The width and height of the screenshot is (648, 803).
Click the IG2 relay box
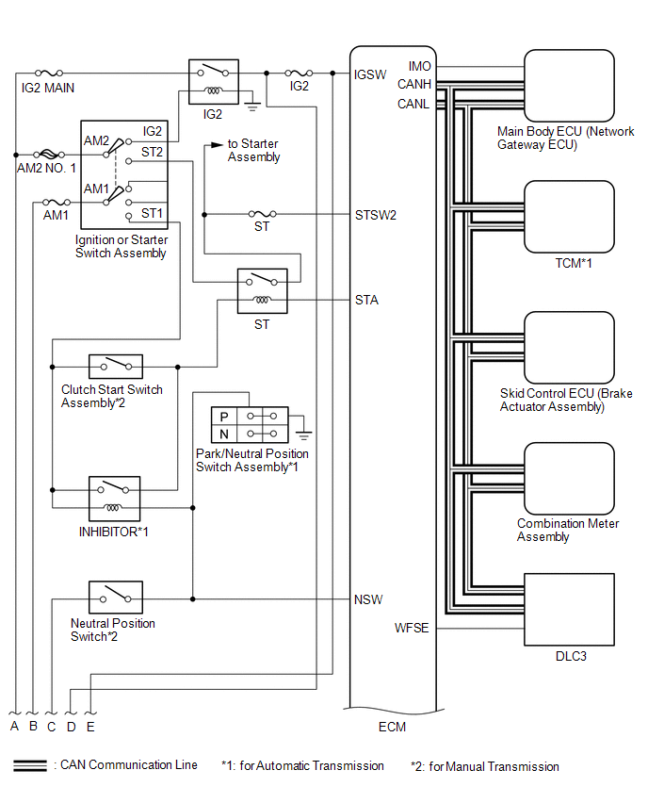tap(213, 82)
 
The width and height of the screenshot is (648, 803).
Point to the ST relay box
tap(262, 290)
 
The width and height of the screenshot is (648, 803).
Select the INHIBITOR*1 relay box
tap(115, 499)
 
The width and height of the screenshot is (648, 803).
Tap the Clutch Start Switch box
tap(115, 366)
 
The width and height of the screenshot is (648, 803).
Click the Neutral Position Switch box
tap(115, 598)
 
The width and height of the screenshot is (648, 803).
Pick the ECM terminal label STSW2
tap(376, 215)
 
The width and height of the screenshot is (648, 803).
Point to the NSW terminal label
tap(368, 599)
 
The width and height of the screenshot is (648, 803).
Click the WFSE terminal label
tap(412, 628)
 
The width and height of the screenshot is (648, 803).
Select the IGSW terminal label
tap(370, 74)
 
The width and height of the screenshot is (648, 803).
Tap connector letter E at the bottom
tap(90, 727)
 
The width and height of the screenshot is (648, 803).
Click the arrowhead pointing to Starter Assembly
tap(217, 145)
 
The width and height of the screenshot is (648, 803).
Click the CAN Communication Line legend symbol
tap(31, 765)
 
